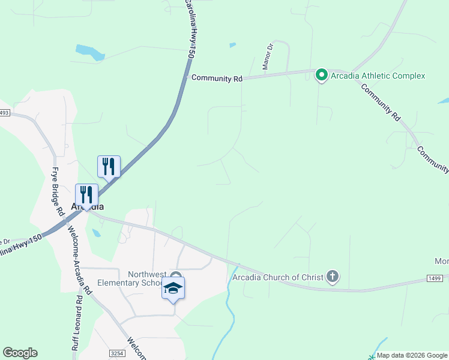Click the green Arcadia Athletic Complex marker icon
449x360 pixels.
pyautogui.click(x=321, y=75)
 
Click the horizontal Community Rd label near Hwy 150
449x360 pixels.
pyautogui.click(x=216, y=78)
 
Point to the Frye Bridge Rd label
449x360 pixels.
pyautogui.click(x=57, y=191)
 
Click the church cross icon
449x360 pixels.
pyautogui.click(x=333, y=276)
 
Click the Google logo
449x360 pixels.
pyautogui.click(x=20, y=353)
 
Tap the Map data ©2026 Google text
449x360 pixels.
pyautogui.click(x=412, y=355)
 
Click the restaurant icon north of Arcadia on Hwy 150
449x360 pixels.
pyautogui.click(x=109, y=166)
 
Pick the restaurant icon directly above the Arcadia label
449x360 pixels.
pyautogui.click(x=86, y=194)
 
